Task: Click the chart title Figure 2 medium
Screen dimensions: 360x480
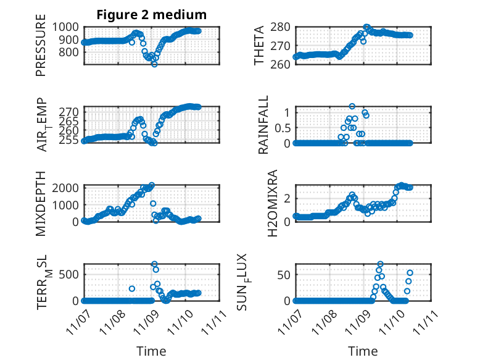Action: point(151,15)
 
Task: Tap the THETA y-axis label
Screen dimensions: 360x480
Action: point(260,45)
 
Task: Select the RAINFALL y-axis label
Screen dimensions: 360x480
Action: point(263,124)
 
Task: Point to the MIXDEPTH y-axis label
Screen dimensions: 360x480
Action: point(41,203)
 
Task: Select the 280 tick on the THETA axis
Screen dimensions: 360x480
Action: point(280,27)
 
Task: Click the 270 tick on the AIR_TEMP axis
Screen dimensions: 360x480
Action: point(70,112)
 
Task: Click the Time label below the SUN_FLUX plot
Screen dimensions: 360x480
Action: point(363,351)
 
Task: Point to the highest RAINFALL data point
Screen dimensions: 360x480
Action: point(352,106)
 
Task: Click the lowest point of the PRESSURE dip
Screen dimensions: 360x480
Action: point(154,64)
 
